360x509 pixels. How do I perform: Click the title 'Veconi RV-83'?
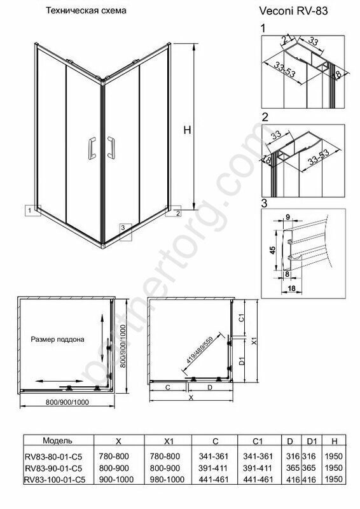293,11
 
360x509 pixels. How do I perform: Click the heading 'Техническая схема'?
86,10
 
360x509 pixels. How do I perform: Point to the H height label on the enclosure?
187,130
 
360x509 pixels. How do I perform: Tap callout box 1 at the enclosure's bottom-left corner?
33,210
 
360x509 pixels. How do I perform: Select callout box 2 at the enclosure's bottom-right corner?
174,211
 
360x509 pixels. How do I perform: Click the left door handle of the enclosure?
92,148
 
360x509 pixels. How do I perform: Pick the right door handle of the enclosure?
111,148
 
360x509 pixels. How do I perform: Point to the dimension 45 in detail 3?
273,250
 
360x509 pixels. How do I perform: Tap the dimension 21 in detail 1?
286,41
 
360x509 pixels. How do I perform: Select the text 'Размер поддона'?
57,339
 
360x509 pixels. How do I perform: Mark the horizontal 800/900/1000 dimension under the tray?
67,402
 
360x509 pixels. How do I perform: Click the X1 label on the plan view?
254,341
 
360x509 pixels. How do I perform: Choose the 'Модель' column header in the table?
57,440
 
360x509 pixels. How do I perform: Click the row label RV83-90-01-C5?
53,468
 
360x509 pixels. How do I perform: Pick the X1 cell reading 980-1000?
167,480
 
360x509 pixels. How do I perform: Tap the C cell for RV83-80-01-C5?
214,456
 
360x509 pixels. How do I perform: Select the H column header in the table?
335,441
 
